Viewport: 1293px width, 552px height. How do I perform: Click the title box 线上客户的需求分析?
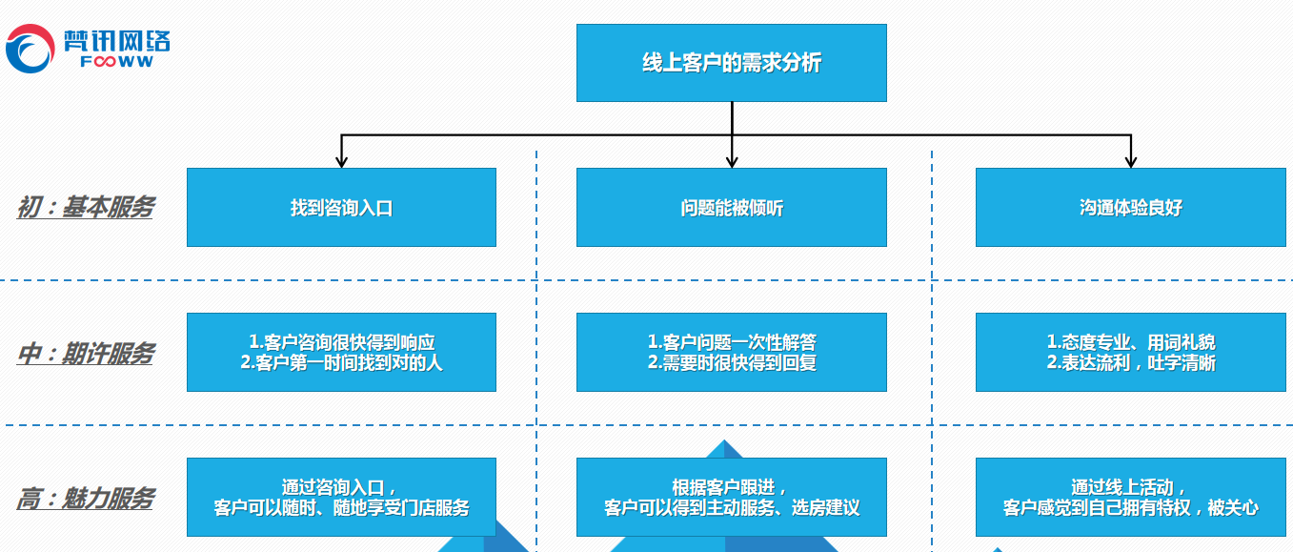coord(731,63)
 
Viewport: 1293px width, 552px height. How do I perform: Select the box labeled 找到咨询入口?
coord(341,208)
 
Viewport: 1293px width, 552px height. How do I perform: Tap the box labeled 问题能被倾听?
coord(731,208)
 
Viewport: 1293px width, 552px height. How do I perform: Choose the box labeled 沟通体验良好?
coord(1130,208)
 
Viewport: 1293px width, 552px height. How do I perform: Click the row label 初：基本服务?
coord(86,207)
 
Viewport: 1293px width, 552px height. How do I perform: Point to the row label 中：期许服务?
coord(86,354)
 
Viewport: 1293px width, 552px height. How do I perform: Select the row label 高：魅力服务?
coord(86,498)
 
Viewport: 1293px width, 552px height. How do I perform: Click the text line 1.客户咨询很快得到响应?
coord(341,342)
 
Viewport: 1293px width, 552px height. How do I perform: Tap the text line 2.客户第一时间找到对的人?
coord(341,363)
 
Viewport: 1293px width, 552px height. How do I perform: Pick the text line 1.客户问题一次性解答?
coord(731,342)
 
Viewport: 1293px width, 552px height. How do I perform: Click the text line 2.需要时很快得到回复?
coord(731,363)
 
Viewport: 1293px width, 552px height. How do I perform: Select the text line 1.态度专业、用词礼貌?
coord(1130,342)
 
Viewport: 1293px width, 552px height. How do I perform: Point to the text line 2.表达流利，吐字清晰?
coord(1130,363)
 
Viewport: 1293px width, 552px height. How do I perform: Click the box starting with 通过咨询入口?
coord(341,497)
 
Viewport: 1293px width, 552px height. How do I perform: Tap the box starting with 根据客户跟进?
coord(731,497)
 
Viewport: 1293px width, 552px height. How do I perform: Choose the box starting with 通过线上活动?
coord(1130,497)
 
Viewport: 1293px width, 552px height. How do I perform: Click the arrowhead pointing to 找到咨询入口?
coord(341,161)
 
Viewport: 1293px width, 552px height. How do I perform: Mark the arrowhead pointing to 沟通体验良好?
coord(1130,161)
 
